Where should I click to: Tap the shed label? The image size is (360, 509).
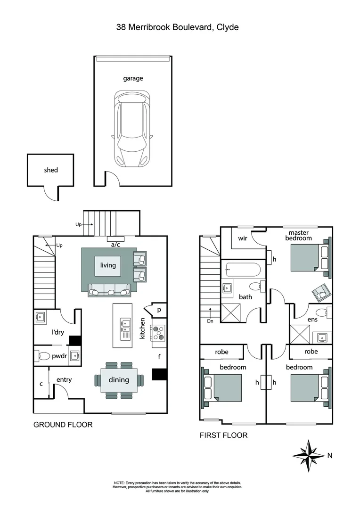point(51,170)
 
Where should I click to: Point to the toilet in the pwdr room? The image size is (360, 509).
point(43,356)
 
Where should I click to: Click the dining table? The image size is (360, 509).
point(119,379)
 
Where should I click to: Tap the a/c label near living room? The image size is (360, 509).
point(115,245)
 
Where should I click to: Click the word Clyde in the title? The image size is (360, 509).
point(228,27)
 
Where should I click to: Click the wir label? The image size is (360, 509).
point(242,238)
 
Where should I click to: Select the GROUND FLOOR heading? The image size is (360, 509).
point(63,425)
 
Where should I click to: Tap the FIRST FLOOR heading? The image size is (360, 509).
point(223,435)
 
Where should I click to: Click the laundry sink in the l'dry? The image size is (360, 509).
point(40,317)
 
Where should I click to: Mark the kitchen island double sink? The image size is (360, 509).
point(125,323)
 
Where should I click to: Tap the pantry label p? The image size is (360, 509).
point(159,310)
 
